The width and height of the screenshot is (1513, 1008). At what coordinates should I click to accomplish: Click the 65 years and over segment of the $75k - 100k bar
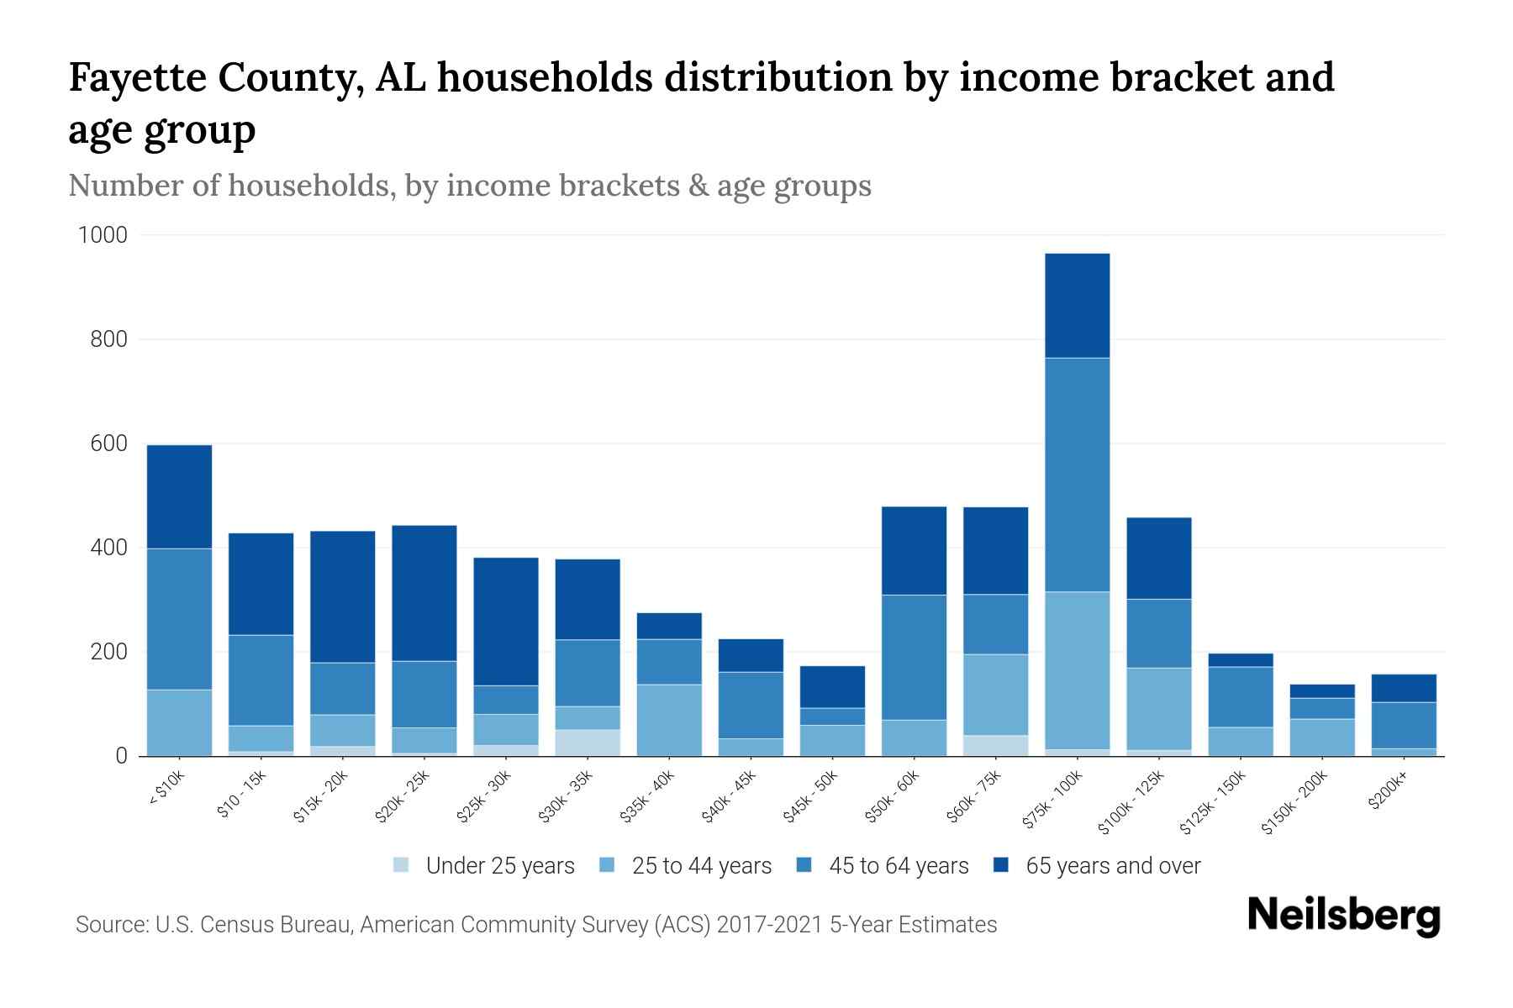(1077, 306)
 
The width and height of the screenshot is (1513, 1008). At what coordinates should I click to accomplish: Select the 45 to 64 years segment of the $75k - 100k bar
(1077, 475)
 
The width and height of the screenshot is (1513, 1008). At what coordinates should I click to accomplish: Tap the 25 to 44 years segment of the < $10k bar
(179, 722)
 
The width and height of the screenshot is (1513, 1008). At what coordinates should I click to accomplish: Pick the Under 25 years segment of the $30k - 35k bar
(588, 743)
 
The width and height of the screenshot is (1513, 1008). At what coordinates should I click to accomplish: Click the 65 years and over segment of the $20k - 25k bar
(424, 593)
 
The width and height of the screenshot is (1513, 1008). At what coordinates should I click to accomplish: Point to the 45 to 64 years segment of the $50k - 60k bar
(914, 657)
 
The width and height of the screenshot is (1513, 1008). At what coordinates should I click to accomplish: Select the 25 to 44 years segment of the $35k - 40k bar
(669, 720)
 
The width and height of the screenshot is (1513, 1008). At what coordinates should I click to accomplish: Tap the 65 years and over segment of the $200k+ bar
(1404, 688)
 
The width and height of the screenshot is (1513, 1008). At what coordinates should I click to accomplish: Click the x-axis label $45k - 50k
(810, 796)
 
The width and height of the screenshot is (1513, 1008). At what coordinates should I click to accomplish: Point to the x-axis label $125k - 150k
(1213, 805)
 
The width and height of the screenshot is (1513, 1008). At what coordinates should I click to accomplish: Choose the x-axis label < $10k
(166, 790)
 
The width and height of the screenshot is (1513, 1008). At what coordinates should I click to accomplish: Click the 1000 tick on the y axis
(103, 235)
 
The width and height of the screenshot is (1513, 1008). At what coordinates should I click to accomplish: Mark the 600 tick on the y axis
(108, 444)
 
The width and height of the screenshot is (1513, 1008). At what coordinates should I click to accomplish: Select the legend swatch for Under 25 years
(401, 865)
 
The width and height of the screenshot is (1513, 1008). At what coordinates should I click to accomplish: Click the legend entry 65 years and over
(1112, 866)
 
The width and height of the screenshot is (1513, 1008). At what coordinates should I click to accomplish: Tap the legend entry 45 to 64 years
(898, 866)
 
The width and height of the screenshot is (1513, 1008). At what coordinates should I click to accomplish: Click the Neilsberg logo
(1343, 916)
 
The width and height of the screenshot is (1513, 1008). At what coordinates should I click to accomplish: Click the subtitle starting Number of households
(469, 186)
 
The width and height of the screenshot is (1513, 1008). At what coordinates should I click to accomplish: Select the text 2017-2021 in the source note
(769, 925)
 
